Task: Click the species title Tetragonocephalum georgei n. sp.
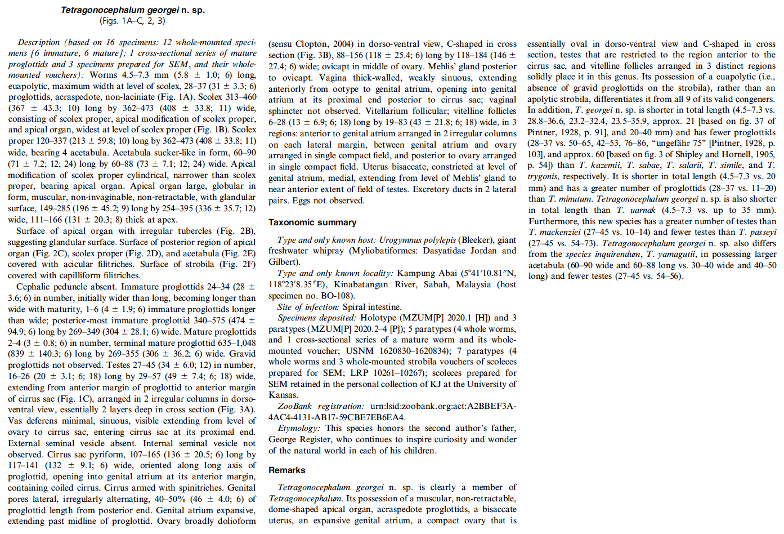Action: click(x=133, y=10)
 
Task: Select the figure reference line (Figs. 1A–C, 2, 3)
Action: click(x=133, y=21)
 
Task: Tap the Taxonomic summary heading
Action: click(x=312, y=222)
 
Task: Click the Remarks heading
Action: click(x=286, y=470)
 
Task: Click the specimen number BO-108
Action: click(x=337, y=296)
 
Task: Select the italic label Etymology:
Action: click(x=298, y=428)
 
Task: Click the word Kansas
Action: click(x=282, y=395)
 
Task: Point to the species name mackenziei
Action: click(x=561, y=232)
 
